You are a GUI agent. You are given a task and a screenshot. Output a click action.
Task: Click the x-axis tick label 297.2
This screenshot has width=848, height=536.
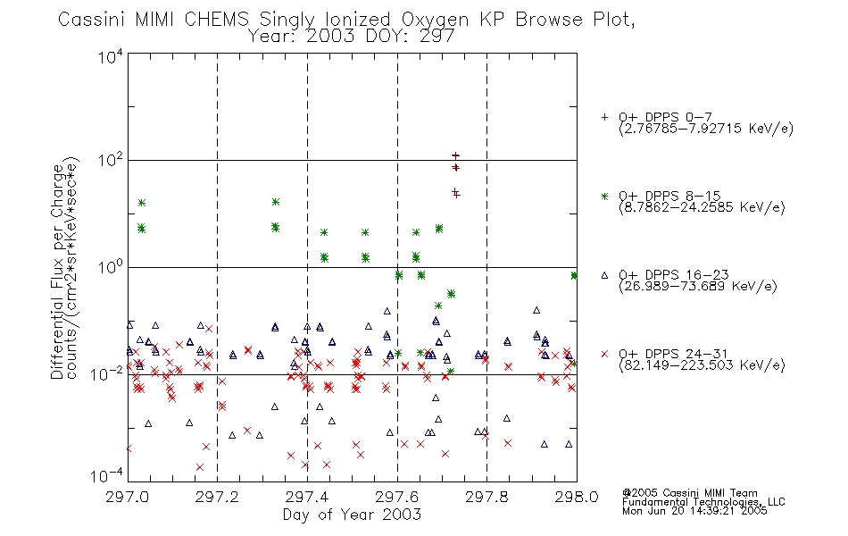click(217, 497)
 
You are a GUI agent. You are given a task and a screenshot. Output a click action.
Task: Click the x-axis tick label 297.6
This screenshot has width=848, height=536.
click(397, 497)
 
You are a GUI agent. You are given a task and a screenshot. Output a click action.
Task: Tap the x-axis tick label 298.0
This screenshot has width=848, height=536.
click(577, 497)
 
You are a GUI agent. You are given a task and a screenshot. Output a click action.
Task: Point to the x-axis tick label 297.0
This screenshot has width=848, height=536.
click(127, 497)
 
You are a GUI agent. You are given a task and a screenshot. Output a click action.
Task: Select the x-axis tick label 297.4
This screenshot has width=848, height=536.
click(307, 497)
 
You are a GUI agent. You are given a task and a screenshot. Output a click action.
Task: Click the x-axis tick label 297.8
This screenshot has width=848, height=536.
click(486, 497)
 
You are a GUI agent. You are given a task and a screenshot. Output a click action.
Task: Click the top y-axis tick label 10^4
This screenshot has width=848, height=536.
click(111, 56)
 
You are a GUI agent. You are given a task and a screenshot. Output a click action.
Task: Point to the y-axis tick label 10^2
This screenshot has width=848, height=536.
click(111, 161)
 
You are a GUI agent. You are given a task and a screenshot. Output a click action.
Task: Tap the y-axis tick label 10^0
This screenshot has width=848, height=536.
click(111, 267)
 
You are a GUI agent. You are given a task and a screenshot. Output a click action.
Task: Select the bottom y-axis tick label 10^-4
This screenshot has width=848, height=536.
click(107, 476)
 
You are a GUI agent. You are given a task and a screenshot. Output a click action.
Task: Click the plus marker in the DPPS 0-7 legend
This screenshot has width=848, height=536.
click(604, 117)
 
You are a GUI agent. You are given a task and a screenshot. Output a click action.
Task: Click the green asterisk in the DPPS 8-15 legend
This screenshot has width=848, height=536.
click(604, 196)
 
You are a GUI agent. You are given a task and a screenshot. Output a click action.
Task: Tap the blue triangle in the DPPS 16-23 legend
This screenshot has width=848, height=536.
click(604, 275)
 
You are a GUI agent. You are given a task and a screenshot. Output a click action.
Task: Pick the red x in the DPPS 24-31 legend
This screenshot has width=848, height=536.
click(604, 354)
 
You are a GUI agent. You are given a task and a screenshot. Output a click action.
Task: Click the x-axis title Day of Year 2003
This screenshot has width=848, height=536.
click(352, 515)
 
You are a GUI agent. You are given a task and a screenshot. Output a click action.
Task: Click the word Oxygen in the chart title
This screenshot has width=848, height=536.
click(435, 20)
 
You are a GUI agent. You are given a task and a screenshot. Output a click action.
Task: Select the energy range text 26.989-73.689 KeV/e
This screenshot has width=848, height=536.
click(698, 286)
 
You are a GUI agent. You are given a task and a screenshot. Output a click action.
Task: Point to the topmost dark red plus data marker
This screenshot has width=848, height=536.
click(455, 156)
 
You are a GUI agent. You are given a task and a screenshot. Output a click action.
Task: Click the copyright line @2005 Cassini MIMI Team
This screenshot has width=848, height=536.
click(689, 493)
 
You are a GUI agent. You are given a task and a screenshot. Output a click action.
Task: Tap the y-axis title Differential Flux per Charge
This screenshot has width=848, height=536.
click(57, 272)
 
